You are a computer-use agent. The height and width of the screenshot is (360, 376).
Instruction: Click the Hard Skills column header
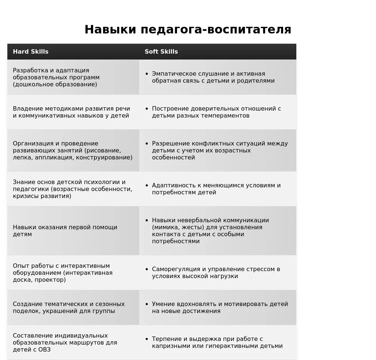pos(30,51)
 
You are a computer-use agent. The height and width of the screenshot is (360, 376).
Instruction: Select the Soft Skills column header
pos(161,51)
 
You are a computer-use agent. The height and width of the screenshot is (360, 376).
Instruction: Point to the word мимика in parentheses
pos(164,227)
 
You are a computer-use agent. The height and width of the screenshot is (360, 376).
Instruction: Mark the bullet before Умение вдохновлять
pos(147,304)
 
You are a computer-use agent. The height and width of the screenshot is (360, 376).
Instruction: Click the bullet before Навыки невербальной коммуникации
pos(147,220)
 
